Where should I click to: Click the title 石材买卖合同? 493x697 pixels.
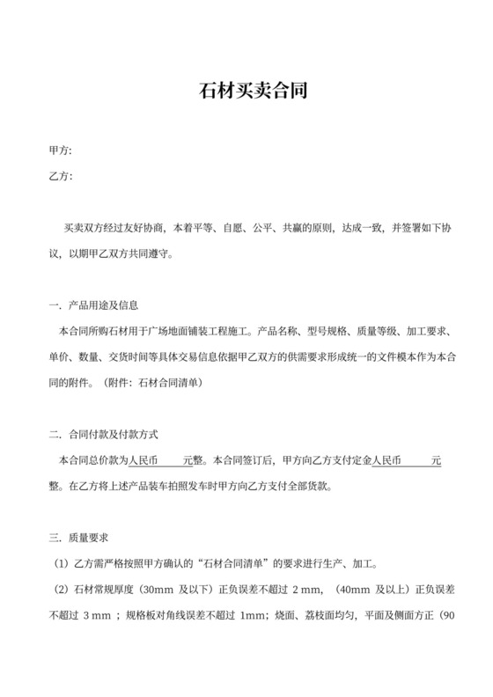246,91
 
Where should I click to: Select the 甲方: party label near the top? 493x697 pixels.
61,151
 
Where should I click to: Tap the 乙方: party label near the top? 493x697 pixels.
61,176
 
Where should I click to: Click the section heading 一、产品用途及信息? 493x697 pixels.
94,305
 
